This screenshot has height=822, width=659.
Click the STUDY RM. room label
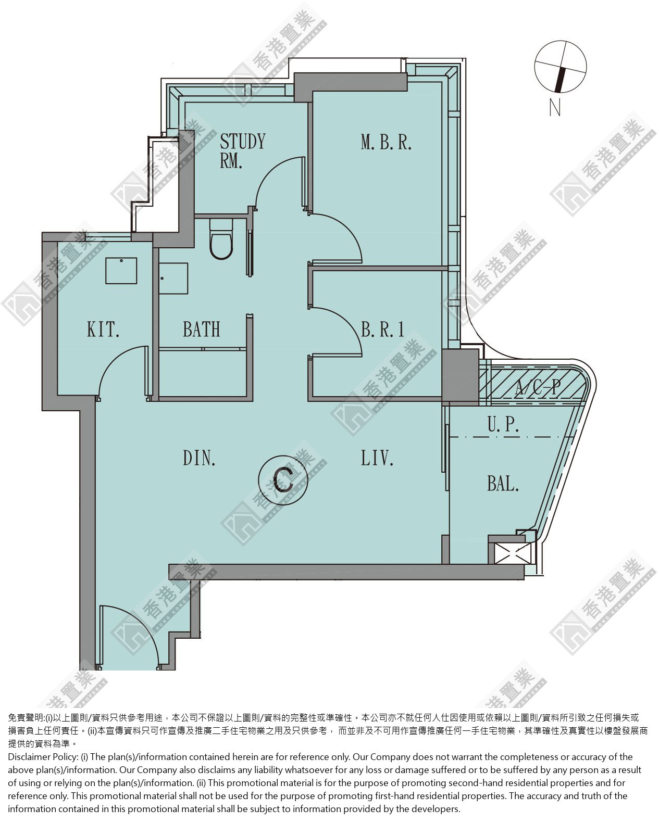[242, 151]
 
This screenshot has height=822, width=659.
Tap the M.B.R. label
[386, 142]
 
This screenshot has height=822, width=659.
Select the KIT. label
[103, 329]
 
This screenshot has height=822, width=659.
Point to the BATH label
[202, 329]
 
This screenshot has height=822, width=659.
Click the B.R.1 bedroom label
[382, 329]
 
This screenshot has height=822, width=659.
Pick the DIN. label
[199, 458]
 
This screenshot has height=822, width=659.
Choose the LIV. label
[377, 458]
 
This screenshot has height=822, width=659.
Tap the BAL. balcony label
[503, 484]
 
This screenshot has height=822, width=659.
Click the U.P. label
[503, 424]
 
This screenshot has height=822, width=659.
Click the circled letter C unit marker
[283, 480]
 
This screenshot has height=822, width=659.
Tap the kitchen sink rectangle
[121, 270]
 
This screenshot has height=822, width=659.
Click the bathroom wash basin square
[173, 278]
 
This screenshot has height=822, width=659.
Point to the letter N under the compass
[555, 107]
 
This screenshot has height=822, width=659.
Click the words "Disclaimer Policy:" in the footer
[43, 757]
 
